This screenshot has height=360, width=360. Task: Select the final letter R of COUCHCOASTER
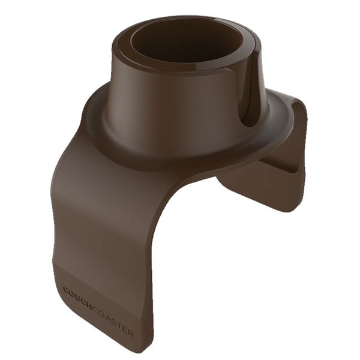[x=131, y=332]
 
